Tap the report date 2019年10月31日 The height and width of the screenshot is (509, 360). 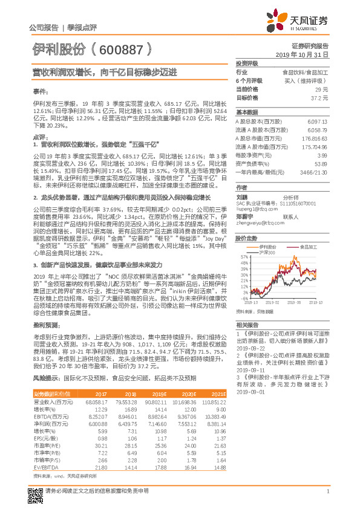click(306, 54)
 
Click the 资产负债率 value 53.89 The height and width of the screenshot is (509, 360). click(321, 164)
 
